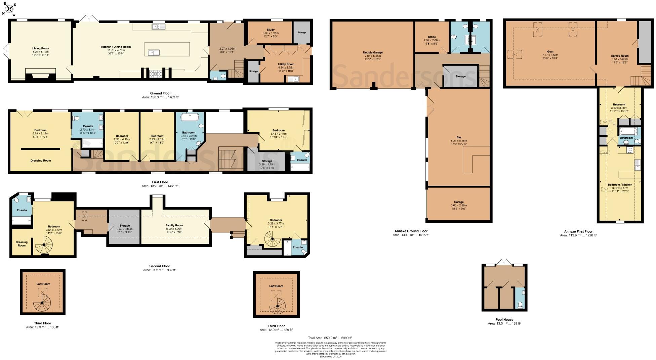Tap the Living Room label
(40, 48)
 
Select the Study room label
(271, 30)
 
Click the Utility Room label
(286, 64)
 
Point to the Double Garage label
(373, 53)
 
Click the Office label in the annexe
(432, 37)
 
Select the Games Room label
(619, 56)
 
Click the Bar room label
(459, 137)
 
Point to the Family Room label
(174, 225)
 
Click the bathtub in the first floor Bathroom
(190, 117)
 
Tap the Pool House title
(504, 319)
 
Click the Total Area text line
(330, 338)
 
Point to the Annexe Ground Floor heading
(411, 231)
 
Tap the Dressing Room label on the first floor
(41, 161)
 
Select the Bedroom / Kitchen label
(620, 185)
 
